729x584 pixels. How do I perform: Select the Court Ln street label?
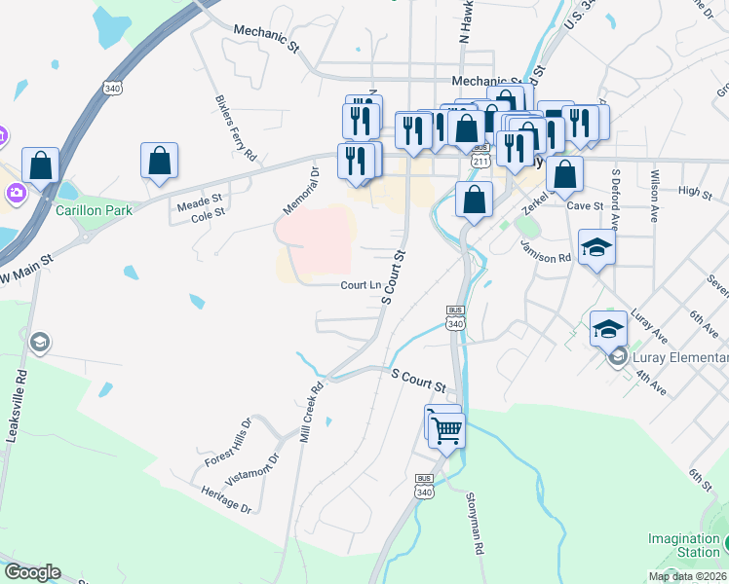361,285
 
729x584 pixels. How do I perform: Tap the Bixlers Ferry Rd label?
237,128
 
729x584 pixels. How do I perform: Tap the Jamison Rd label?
546,251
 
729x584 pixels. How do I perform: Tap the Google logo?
32,572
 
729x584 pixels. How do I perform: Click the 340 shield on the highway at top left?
113,88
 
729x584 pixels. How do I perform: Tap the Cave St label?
585,206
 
